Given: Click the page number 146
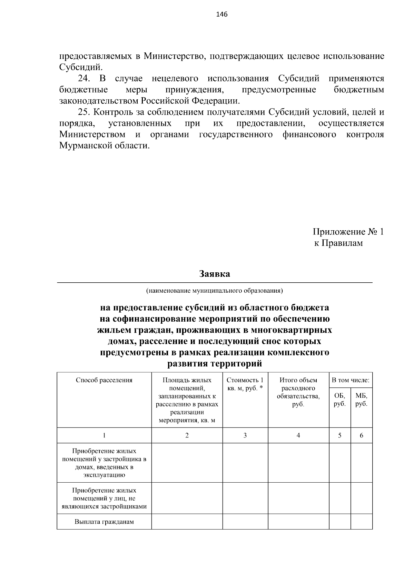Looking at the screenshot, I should pyautogui.click(x=221, y=14).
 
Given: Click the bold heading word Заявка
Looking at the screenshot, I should pyautogui.click(x=214, y=274).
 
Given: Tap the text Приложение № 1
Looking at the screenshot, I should pyautogui.click(x=348, y=232).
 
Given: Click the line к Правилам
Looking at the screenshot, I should pyautogui.click(x=338, y=243).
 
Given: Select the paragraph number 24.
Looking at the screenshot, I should pyautogui.click(x=84, y=79).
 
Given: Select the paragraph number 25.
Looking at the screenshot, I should pyautogui.click(x=84, y=112).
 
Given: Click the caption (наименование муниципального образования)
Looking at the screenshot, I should pyautogui.click(x=214, y=291).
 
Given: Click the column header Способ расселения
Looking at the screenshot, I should pyautogui.click(x=104, y=380).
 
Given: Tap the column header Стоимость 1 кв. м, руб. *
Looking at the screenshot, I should pyautogui.click(x=245, y=384).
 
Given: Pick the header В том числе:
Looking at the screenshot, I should pyautogui.click(x=351, y=380).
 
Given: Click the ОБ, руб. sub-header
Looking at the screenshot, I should pyautogui.click(x=339, y=400).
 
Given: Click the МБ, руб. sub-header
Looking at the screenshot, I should pyautogui.click(x=361, y=400).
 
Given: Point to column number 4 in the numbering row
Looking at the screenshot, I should pyautogui.click(x=298, y=435).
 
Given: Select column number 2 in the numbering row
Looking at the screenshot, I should pyautogui.click(x=187, y=435).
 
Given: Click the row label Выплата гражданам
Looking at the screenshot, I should pyautogui.click(x=104, y=522).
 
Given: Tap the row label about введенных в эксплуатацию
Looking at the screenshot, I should pyautogui.click(x=104, y=463).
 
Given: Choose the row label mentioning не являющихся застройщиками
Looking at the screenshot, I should pyautogui.click(x=104, y=498).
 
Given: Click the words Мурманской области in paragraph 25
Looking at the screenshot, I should pyautogui.click(x=105, y=145).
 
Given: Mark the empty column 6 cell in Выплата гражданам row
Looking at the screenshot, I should pyautogui.click(x=361, y=522).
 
